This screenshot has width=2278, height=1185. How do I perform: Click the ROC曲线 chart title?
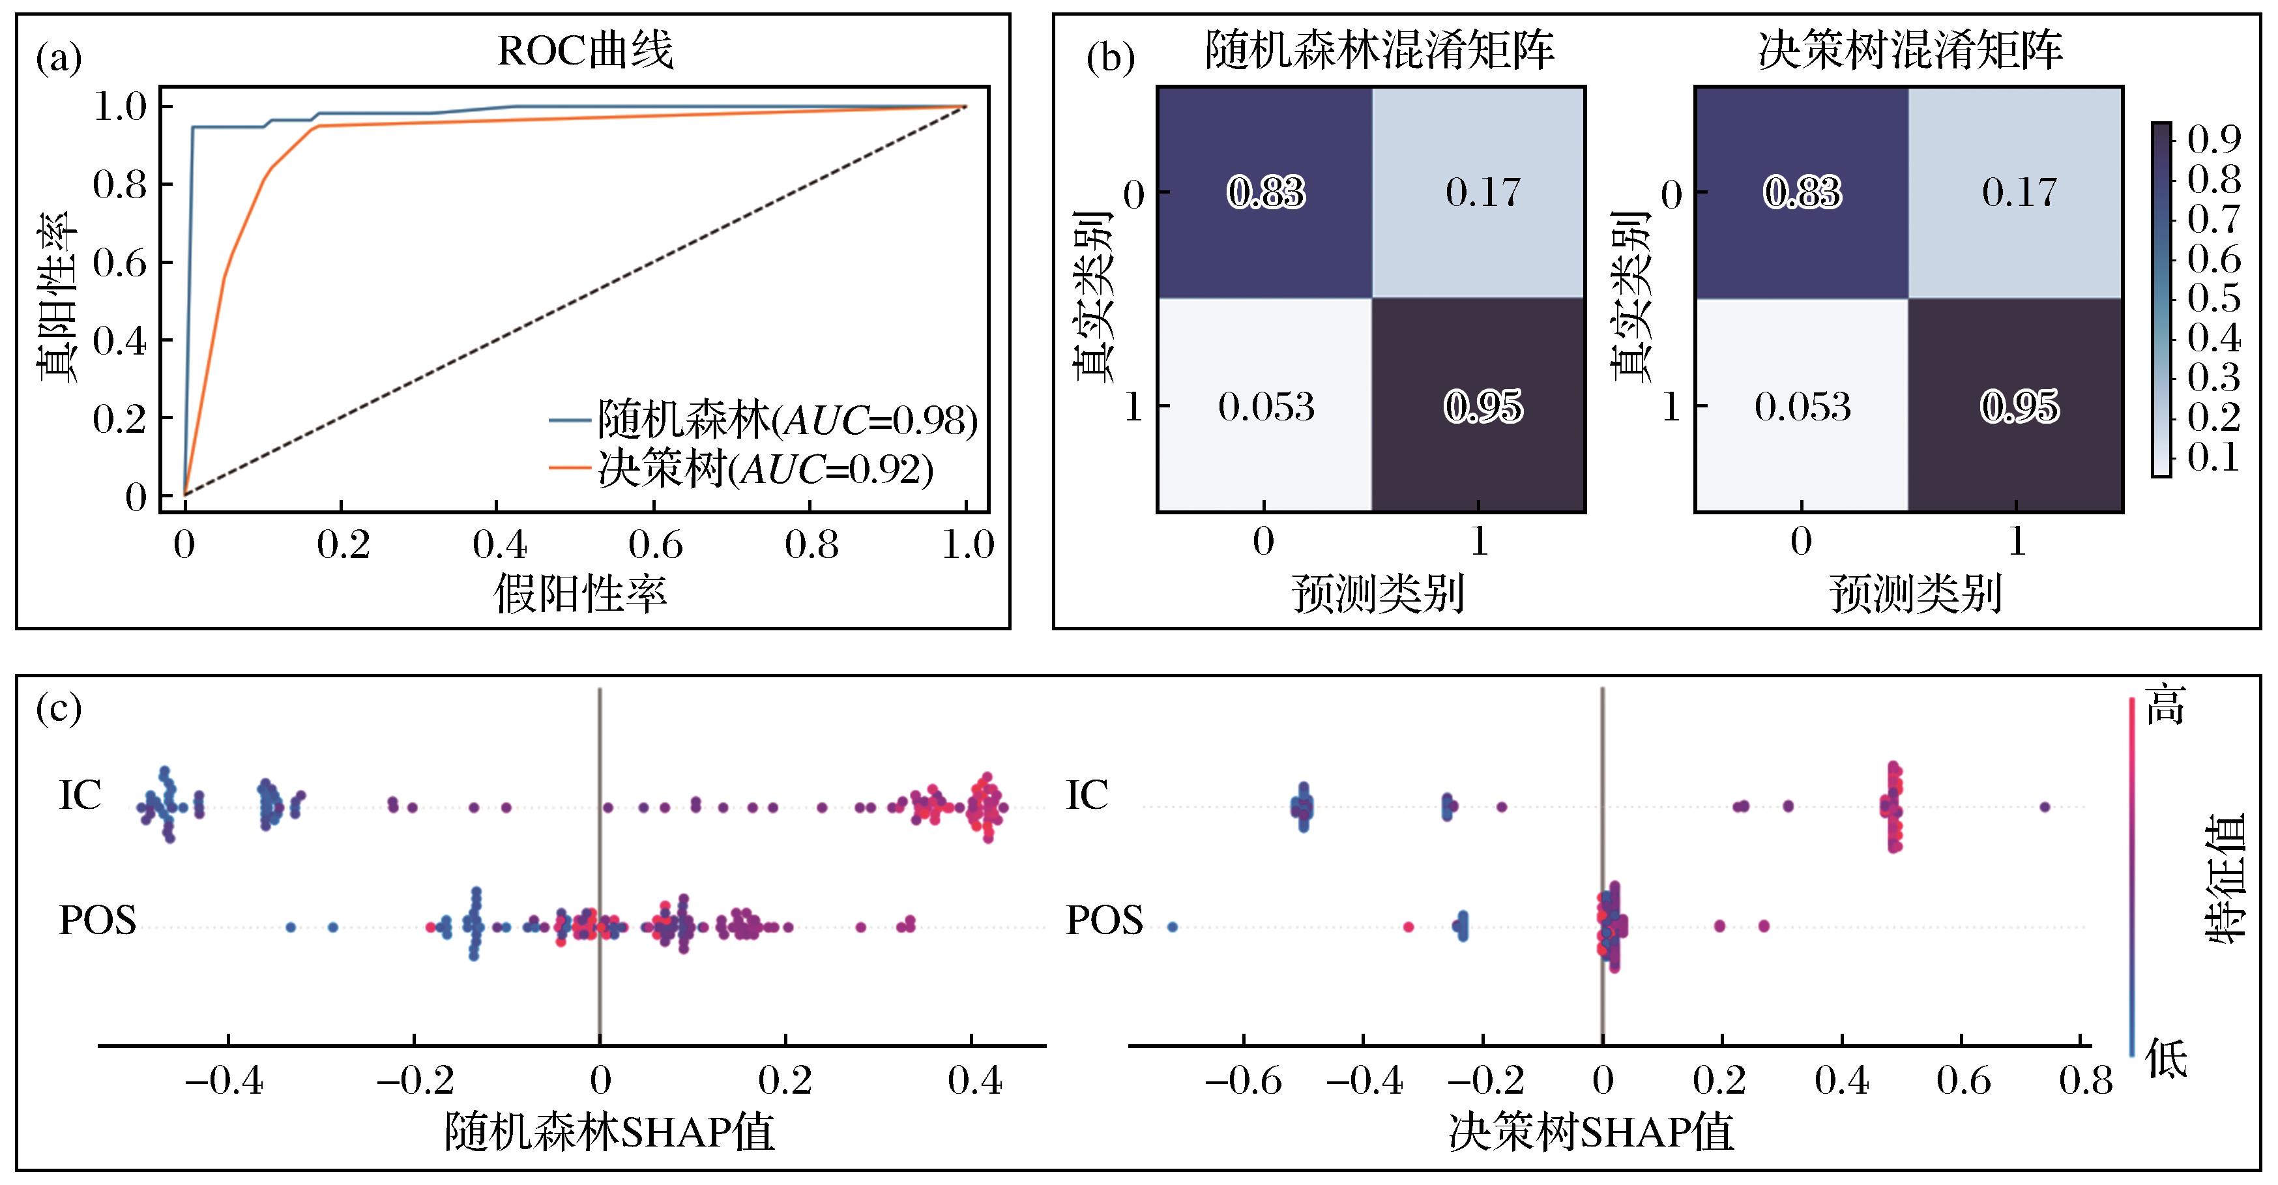point(585,50)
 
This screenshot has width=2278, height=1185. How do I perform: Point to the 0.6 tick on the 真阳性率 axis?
point(121,263)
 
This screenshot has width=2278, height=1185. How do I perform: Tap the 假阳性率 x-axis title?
point(580,593)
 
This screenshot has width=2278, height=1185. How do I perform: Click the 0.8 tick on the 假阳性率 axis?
point(811,545)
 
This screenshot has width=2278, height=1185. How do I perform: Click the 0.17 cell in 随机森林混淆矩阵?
point(1482,192)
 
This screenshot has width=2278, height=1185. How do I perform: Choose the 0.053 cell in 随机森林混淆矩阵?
point(1266,407)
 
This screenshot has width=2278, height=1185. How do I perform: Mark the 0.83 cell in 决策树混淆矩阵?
point(1802,192)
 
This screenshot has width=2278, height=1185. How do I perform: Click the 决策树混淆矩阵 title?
point(1910,50)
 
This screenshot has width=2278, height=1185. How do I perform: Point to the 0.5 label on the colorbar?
point(2213,299)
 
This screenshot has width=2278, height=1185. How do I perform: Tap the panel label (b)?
point(1110,59)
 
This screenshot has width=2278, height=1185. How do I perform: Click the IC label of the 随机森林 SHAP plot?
point(80,795)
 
